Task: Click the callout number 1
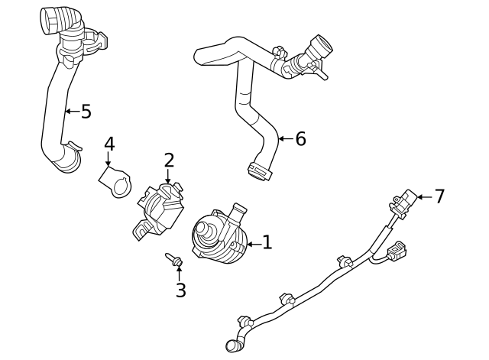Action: click(x=267, y=243)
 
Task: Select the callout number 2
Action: click(x=169, y=161)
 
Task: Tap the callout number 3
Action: click(x=180, y=290)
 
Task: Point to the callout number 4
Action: click(x=109, y=144)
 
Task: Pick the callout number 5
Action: click(x=86, y=112)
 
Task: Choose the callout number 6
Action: click(x=300, y=138)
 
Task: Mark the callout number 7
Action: click(x=439, y=196)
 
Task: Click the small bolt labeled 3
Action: click(x=174, y=262)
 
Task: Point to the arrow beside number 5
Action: click(x=71, y=112)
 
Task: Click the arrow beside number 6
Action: click(x=284, y=138)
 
